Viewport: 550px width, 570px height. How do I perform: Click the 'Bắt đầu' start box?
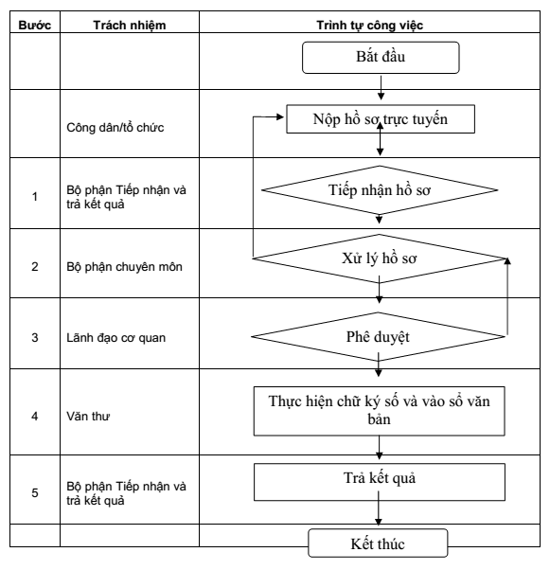pos(381,58)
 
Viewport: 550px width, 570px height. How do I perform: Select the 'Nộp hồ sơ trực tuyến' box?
pos(381,119)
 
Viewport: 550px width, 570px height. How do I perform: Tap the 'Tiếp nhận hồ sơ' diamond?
pos(380,190)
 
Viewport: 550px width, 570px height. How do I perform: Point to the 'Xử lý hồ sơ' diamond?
pos(380,258)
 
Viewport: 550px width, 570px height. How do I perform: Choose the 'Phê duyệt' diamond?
pos(378,337)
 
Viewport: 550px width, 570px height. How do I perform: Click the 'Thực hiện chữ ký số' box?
pos(380,411)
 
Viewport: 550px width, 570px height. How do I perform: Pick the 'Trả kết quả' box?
pos(380,482)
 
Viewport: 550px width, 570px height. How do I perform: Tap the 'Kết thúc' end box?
pos(378,543)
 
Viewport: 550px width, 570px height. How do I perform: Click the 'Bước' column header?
pos(34,25)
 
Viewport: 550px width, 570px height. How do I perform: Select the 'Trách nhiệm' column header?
pos(130,25)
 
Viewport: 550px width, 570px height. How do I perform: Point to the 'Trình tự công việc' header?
pos(370,25)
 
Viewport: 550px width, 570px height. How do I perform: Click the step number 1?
pos(34,197)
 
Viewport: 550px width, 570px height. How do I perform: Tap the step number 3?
pos(34,338)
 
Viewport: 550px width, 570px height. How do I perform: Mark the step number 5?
pos(34,493)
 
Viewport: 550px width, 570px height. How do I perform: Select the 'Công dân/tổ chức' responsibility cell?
pos(115,128)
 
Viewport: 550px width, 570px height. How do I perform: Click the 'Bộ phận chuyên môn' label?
pos(124,267)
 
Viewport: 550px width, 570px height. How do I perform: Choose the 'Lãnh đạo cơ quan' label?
pos(115,338)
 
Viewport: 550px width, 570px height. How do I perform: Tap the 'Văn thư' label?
pos(88,416)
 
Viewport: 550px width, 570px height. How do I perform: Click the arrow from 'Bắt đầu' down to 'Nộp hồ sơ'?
pos(381,88)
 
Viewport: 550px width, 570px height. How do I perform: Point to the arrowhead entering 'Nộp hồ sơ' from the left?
pos(280,116)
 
